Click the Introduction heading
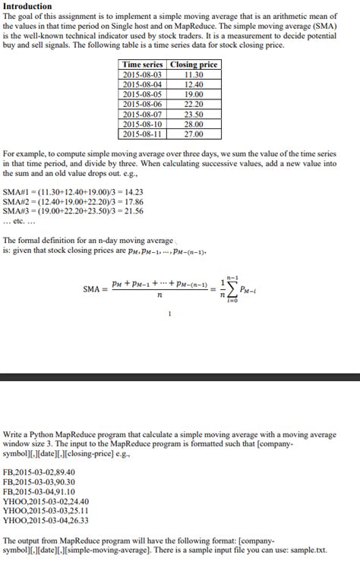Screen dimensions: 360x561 tap(27, 6)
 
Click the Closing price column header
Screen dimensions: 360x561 tap(194, 65)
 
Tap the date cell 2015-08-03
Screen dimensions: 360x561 tap(142, 75)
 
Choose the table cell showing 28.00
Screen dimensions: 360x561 tap(194, 124)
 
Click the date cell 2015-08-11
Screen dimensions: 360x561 tap(142, 134)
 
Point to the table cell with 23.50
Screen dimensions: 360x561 tap(194, 115)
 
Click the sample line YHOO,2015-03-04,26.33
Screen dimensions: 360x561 tap(46, 520)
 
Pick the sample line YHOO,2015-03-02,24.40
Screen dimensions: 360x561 tap(46, 501)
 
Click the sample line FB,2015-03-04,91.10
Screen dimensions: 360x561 tap(39, 491)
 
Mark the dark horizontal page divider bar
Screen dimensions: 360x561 tap(180, 377)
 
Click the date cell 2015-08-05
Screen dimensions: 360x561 tap(142, 95)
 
